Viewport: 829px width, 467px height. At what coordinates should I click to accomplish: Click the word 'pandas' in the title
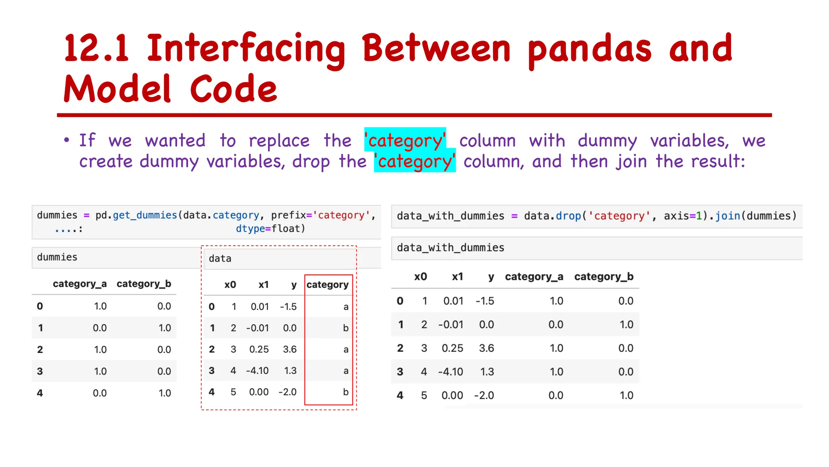(x=589, y=49)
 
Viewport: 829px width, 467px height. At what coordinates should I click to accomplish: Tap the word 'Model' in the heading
(x=117, y=89)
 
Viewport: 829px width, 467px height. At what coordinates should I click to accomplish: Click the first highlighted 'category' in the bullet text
(x=405, y=140)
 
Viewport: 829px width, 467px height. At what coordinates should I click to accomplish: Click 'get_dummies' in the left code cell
(x=145, y=215)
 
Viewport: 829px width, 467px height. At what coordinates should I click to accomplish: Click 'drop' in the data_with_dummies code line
(x=568, y=216)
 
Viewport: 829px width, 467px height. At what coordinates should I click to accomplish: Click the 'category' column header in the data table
(x=327, y=285)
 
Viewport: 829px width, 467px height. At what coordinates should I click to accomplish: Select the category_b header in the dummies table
(x=144, y=284)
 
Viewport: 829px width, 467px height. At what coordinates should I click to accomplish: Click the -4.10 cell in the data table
(x=257, y=371)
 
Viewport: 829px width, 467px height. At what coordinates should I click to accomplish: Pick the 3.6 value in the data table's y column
(x=290, y=349)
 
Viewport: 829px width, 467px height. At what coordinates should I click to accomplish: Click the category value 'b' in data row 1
(x=346, y=328)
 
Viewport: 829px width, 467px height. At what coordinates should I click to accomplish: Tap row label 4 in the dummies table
(x=40, y=393)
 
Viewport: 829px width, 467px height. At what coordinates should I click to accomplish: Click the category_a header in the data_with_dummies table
(x=534, y=276)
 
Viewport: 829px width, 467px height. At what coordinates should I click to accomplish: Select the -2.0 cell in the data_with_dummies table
(x=484, y=395)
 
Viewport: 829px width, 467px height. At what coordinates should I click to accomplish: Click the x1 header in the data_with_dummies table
(x=457, y=276)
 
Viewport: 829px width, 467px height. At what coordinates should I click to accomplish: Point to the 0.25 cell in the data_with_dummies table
(x=452, y=348)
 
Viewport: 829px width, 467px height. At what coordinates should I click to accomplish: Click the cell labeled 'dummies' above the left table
(x=57, y=257)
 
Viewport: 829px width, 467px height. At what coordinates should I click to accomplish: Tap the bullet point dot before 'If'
(x=67, y=140)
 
